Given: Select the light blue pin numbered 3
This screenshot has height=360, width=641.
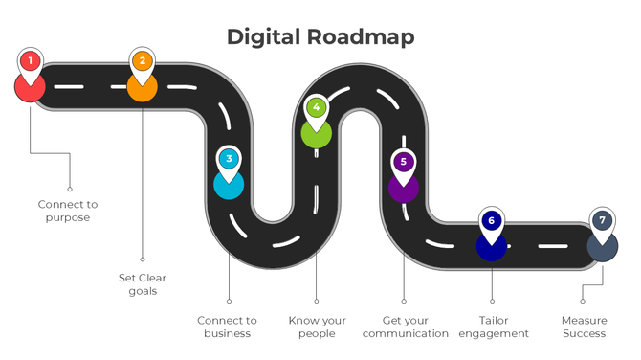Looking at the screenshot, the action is [229, 159].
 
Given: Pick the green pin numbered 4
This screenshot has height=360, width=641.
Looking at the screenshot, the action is [317, 109].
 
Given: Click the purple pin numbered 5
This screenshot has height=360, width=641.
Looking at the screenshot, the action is [404, 163].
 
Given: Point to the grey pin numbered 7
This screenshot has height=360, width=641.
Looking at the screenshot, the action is [602, 221].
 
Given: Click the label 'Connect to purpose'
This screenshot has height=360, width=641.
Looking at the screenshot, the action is [68, 211].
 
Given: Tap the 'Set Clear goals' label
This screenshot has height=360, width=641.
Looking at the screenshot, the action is [143, 284].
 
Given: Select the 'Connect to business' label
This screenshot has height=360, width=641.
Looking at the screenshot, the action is [227, 326].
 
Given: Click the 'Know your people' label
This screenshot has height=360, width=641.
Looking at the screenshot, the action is [317, 326].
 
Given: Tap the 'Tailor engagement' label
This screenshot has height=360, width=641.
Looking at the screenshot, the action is [492, 326].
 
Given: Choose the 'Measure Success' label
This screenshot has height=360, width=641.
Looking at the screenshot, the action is [584, 326].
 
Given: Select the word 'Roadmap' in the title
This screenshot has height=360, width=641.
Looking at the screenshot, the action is [361, 37].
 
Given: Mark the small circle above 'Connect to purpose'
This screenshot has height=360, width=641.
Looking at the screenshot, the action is [69, 189].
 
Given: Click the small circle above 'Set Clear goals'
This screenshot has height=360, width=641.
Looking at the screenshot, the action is [143, 258].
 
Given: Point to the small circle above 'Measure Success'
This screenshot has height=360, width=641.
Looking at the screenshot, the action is [582, 301].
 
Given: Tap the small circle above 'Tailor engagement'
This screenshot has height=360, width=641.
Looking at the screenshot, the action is [492, 301].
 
